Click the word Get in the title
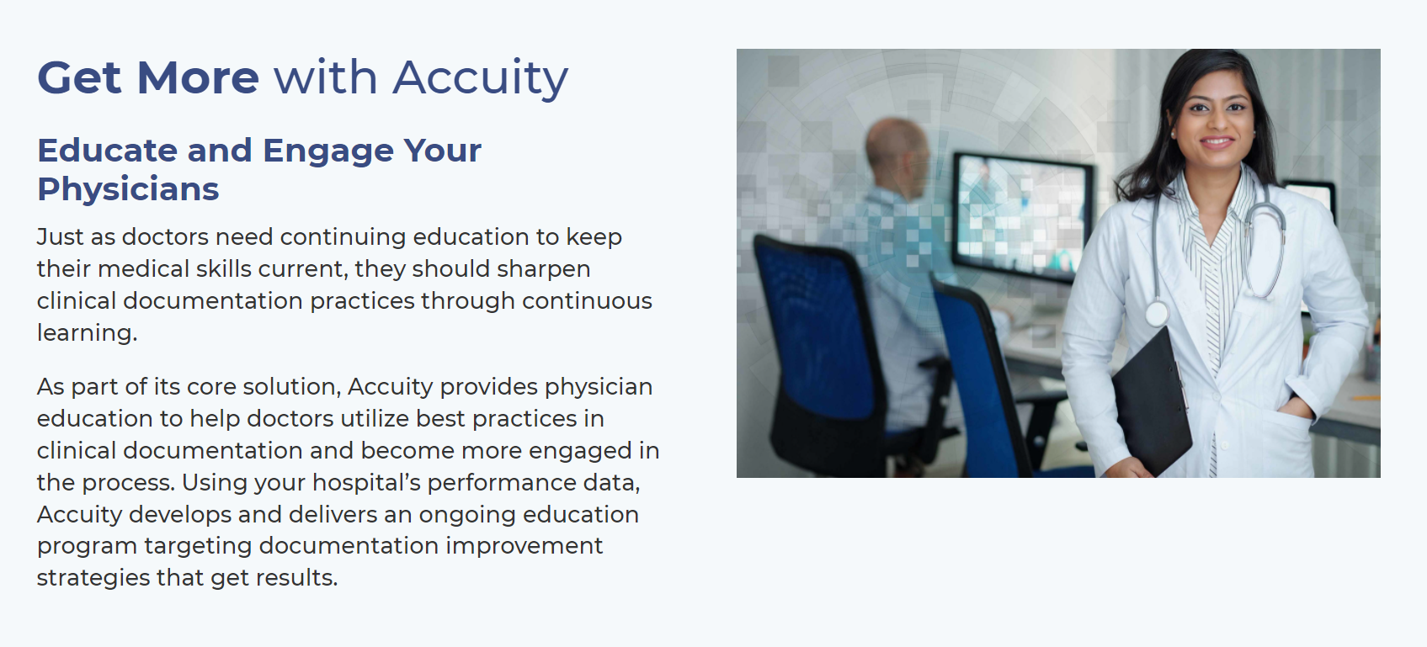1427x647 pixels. tap(79, 77)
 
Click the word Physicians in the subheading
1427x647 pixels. tap(128, 189)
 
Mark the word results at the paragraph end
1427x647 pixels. tap(296, 578)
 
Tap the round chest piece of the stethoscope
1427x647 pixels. tap(1157, 314)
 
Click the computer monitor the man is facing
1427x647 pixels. tap(1021, 215)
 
